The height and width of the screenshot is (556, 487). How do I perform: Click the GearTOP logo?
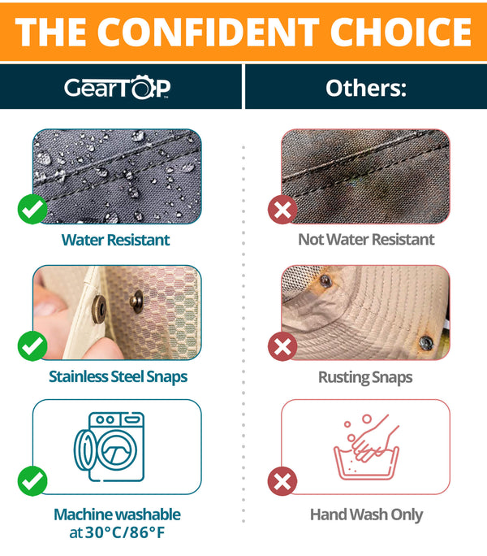click(x=118, y=87)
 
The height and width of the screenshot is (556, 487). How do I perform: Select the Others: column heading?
click(x=365, y=87)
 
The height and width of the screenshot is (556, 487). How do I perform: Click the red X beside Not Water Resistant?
click(x=282, y=211)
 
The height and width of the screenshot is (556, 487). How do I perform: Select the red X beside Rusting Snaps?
click(x=282, y=347)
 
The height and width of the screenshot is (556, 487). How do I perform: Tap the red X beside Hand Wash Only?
click(x=282, y=482)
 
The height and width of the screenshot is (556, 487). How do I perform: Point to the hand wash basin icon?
click(x=366, y=447)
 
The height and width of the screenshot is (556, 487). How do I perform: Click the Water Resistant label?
click(x=116, y=240)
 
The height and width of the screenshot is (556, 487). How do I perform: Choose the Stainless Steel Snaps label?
click(x=118, y=376)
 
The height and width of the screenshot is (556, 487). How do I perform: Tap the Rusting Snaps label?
click(x=366, y=376)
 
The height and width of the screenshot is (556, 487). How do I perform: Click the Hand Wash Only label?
click(x=366, y=515)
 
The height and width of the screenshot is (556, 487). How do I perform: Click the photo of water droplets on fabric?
click(x=118, y=175)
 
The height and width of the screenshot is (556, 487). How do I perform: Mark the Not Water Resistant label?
click(x=366, y=240)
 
